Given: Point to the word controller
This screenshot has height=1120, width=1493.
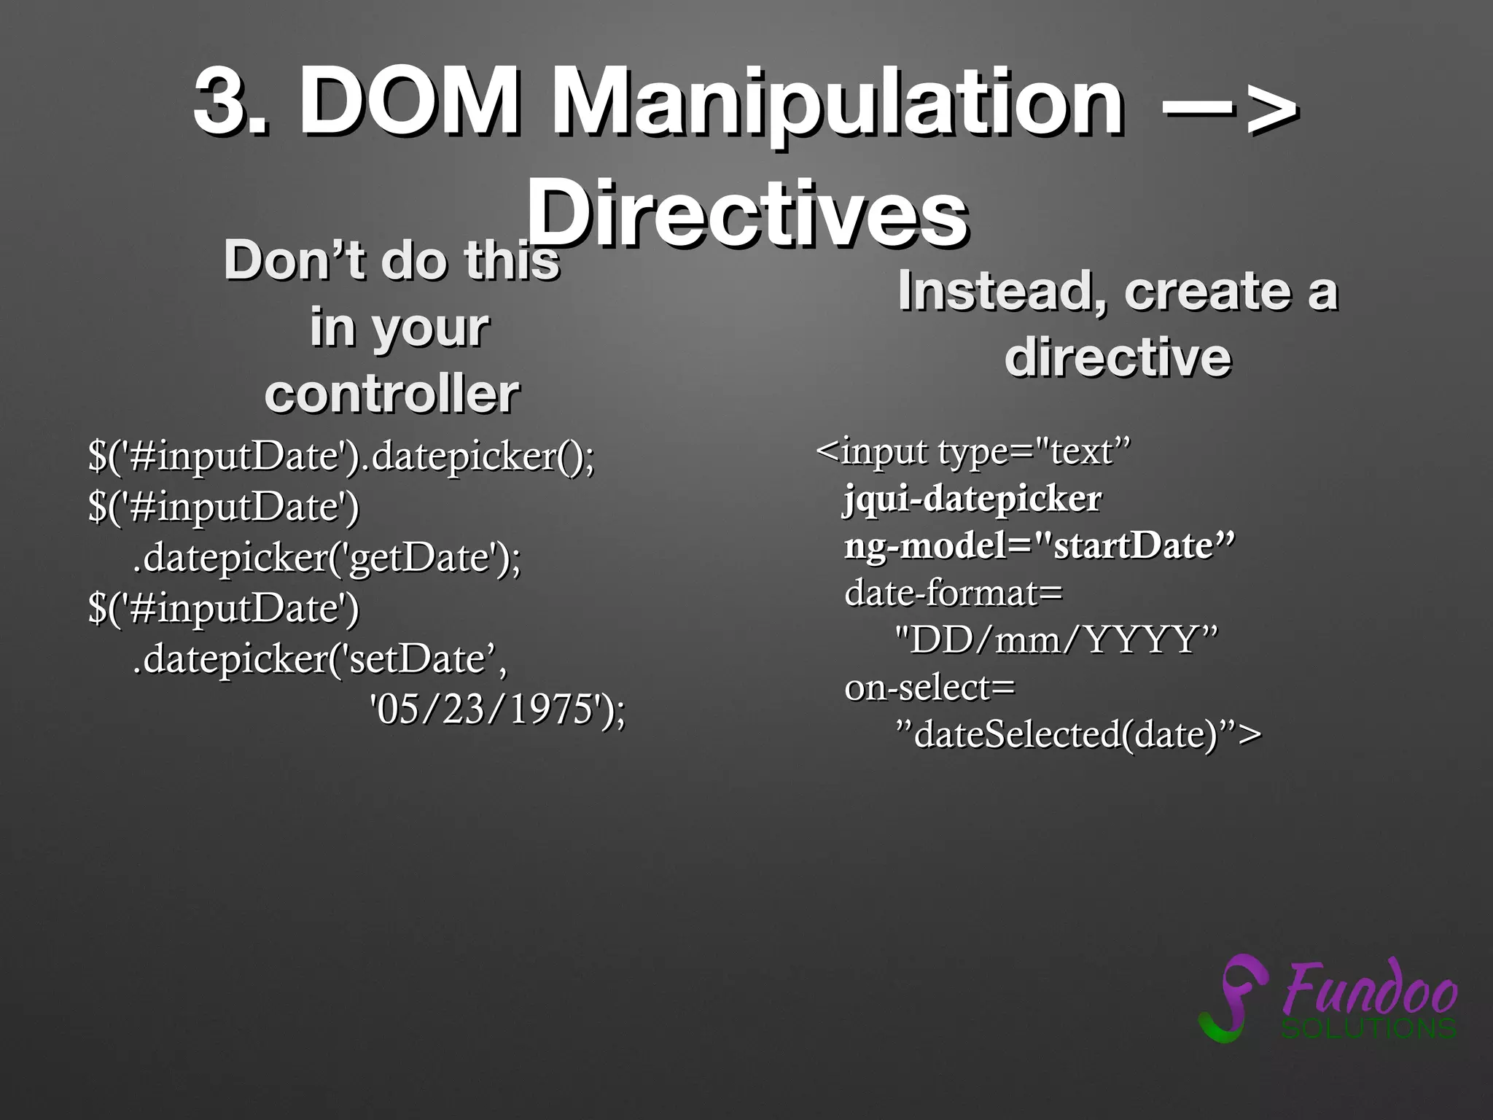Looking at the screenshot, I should (391, 394).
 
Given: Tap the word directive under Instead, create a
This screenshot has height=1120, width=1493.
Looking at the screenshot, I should (1117, 357).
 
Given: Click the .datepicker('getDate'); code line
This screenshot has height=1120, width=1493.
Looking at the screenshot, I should (327, 558).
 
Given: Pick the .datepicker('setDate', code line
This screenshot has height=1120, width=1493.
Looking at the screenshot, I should (319, 658).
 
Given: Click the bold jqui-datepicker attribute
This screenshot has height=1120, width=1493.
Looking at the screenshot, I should (972, 499).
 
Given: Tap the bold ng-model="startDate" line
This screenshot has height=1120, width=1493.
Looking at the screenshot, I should (1039, 546).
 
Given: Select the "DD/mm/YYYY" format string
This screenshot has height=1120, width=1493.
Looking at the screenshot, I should (1056, 639).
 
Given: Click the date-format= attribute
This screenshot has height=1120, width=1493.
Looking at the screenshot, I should (953, 593).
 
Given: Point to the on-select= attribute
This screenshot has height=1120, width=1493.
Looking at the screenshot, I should (929, 687).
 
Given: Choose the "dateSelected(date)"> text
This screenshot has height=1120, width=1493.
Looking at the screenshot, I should (1077, 734).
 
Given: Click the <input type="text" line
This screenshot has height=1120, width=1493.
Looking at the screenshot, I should (972, 452).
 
